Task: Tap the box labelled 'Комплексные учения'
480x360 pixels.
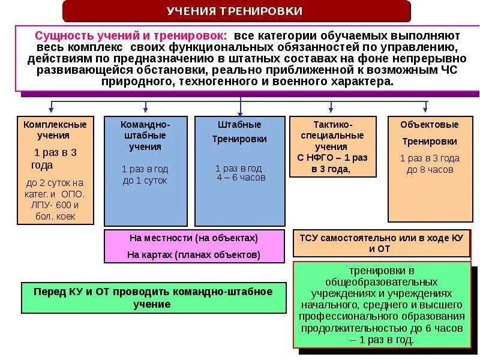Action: tap(55, 170)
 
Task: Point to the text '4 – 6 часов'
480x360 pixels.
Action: tap(241, 178)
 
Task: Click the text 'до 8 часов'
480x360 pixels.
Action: tap(430, 170)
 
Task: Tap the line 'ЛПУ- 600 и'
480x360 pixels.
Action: tap(55, 205)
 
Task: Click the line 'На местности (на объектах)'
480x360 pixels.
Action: tap(193, 238)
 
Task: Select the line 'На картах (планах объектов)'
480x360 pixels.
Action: tap(193, 255)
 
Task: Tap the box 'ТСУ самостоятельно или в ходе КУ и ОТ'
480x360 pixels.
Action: tap(381, 243)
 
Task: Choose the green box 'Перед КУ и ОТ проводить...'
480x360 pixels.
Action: tap(153, 298)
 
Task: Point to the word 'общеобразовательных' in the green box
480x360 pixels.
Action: tap(381, 281)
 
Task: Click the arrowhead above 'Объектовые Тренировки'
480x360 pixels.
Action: tap(425, 110)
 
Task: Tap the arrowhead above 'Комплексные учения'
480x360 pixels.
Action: tap(52, 110)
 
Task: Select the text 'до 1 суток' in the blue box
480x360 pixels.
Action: tap(145, 181)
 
